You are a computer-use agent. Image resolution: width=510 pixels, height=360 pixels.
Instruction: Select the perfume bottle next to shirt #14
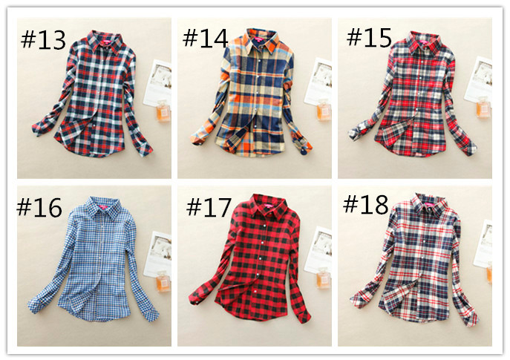pyautogui.click(x=324, y=110)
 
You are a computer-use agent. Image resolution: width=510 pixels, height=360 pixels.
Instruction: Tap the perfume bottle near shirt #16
pyautogui.click(x=163, y=281)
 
